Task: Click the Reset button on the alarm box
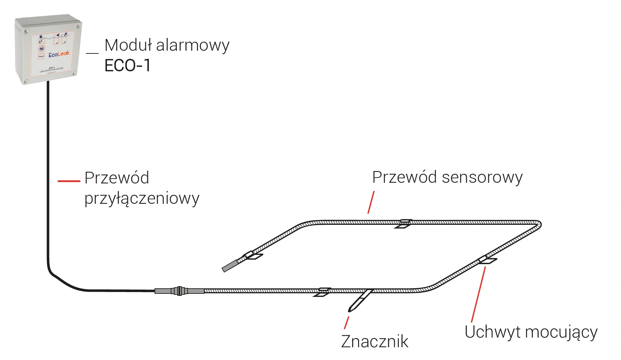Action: (41, 56)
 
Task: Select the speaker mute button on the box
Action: (41, 49)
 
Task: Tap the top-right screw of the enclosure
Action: (79, 26)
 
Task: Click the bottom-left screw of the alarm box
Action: (26, 81)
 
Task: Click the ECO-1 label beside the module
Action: (127, 66)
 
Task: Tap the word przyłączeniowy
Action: (142, 199)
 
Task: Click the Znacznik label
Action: (375, 341)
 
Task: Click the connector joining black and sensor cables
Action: (179, 291)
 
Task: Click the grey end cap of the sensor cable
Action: (230, 266)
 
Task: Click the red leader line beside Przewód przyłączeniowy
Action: (69, 181)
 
